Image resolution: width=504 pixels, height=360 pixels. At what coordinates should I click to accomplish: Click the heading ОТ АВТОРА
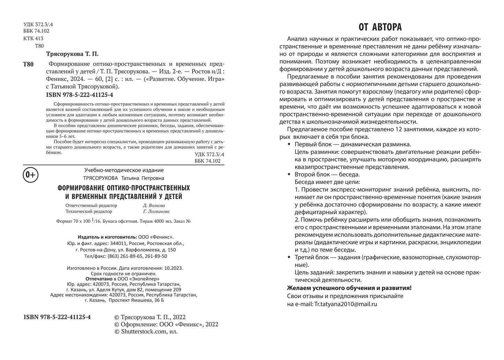pyautogui.click(x=380, y=27)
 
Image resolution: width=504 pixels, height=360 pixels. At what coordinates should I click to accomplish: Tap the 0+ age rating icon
pyautogui.click(x=30, y=175)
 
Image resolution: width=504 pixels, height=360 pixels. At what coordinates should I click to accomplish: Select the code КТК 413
pyautogui.click(x=33, y=39)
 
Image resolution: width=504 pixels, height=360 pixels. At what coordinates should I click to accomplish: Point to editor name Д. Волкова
pyautogui.click(x=154, y=205)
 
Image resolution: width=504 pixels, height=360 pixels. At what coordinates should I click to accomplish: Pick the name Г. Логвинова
pyautogui.click(x=156, y=211)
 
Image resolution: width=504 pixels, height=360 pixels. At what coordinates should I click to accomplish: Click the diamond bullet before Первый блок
pyautogui.click(x=288, y=144)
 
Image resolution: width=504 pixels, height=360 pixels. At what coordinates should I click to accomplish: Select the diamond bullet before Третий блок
pyautogui.click(x=288, y=257)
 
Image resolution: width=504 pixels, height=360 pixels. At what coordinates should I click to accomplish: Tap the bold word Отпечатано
pyautogui.click(x=99, y=279)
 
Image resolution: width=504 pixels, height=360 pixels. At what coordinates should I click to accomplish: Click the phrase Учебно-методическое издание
pyautogui.click(x=124, y=170)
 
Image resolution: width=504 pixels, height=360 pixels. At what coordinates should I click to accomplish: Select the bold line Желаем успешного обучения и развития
pyautogui.click(x=349, y=288)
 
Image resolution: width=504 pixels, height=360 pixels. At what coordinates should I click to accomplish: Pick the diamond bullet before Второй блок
pyautogui.click(x=288, y=174)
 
